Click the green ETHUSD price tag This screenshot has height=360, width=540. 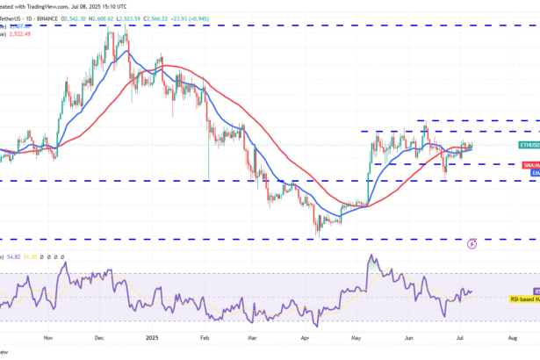[529, 144]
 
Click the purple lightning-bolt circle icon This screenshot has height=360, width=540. [472, 243]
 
